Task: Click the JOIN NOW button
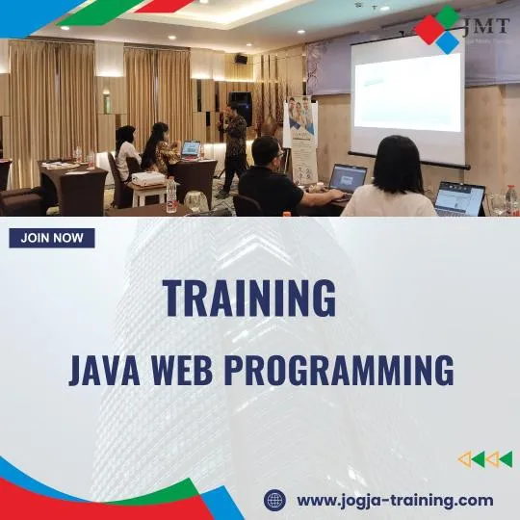click(x=52, y=238)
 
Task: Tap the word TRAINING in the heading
click(x=249, y=298)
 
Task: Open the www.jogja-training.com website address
click(x=394, y=500)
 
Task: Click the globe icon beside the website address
click(x=275, y=500)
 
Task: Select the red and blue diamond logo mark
click(x=439, y=30)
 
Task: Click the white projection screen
click(x=406, y=92)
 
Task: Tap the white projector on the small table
click(x=147, y=179)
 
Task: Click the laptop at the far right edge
click(x=459, y=198)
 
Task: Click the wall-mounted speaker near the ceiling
click(x=241, y=59)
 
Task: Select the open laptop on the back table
click(x=191, y=149)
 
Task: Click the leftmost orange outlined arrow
click(x=464, y=459)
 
